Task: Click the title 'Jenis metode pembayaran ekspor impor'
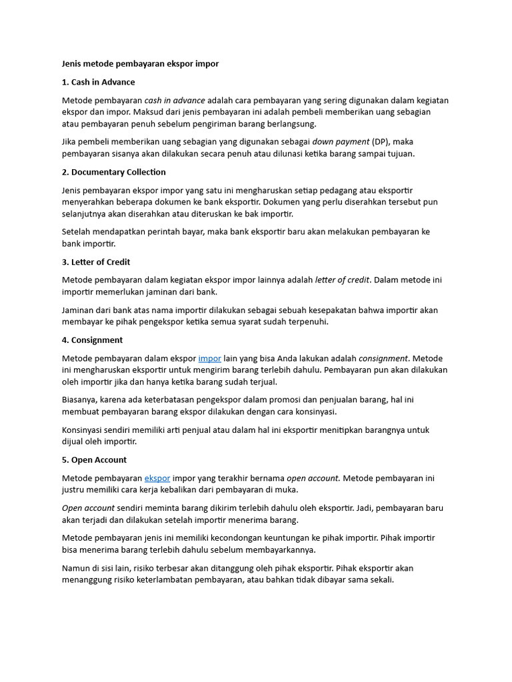click(x=140, y=64)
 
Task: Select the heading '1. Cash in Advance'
click(x=98, y=82)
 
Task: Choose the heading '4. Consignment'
click(x=92, y=340)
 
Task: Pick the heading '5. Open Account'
click(x=94, y=460)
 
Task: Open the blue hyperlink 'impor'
click(x=209, y=358)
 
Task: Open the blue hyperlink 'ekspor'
click(x=157, y=478)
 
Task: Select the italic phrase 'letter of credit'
click(x=342, y=280)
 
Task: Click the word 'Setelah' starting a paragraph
click(x=77, y=232)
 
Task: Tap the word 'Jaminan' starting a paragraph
click(x=79, y=310)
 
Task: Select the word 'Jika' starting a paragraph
click(x=70, y=142)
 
